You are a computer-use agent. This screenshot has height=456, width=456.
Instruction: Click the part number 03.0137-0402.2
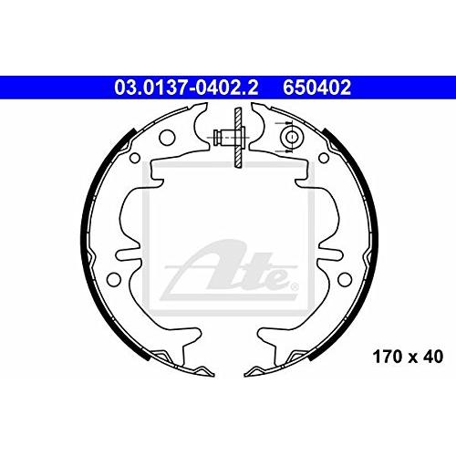pos(186,88)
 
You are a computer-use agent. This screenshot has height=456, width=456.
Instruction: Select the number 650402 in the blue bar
pos(316,88)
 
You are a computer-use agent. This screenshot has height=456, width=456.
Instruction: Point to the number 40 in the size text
pos(432,357)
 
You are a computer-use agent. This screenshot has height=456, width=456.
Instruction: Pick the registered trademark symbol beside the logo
pos(295,287)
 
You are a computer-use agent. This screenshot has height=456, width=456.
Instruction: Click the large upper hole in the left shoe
pos(167,138)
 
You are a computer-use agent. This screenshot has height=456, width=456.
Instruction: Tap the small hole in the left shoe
pos(135,158)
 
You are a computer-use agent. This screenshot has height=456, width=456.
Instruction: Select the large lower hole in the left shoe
pos(114,279)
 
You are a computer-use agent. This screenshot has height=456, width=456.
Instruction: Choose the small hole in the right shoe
pos(324,158)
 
